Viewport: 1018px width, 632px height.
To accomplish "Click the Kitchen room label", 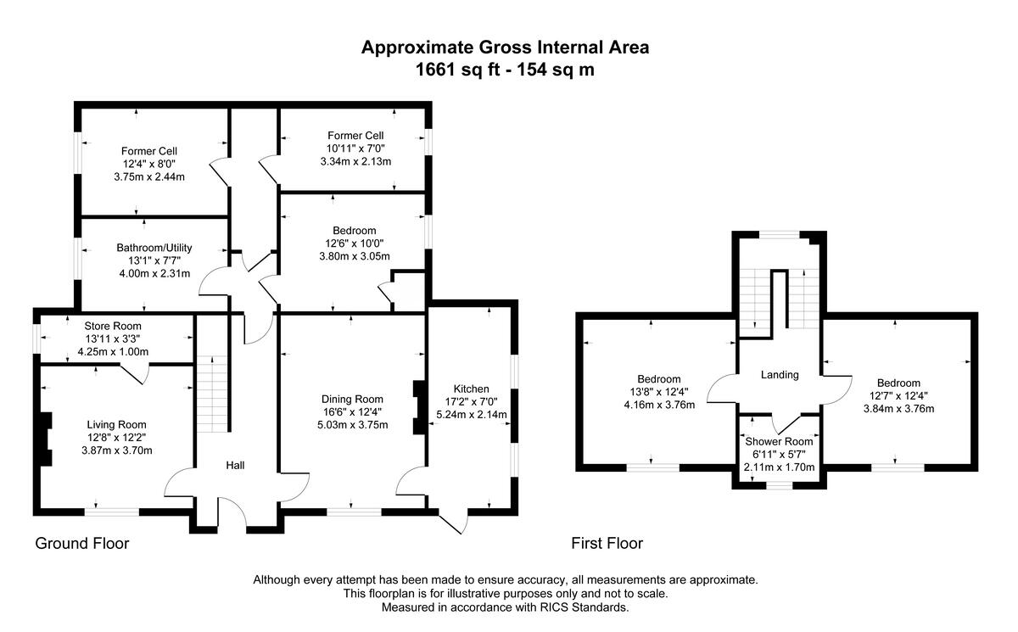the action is point(472,389).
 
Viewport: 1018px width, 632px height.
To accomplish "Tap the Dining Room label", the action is point(352,400).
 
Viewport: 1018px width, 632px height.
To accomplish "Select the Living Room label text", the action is point(117,425).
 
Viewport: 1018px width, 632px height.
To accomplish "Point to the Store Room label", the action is point(113,326).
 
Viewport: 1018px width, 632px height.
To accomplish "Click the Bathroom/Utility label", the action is point(154,248).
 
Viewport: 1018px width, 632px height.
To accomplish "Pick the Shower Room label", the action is point(779,442).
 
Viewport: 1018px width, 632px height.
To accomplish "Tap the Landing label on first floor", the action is point(780,375).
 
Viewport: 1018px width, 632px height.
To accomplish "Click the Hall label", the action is point(236,465).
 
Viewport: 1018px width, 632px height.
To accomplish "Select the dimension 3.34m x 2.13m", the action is point(355,161).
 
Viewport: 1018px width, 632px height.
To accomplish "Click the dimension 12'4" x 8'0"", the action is point(149,164).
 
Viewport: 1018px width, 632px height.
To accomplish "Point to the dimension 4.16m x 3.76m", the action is point(659,405).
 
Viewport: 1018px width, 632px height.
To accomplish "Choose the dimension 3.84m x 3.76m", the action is point(899,408).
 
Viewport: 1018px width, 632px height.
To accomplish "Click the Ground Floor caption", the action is point(82,544).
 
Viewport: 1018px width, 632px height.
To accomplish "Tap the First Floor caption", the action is point(607,544).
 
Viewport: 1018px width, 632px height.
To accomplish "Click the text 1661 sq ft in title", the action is point(457,70).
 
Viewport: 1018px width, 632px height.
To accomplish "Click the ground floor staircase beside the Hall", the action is point(212,394).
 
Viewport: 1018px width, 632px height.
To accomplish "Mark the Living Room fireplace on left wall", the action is point(46,439).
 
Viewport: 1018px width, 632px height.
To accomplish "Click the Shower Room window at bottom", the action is point(780,485).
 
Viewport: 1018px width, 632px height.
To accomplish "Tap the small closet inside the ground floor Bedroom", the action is point(409,292).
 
